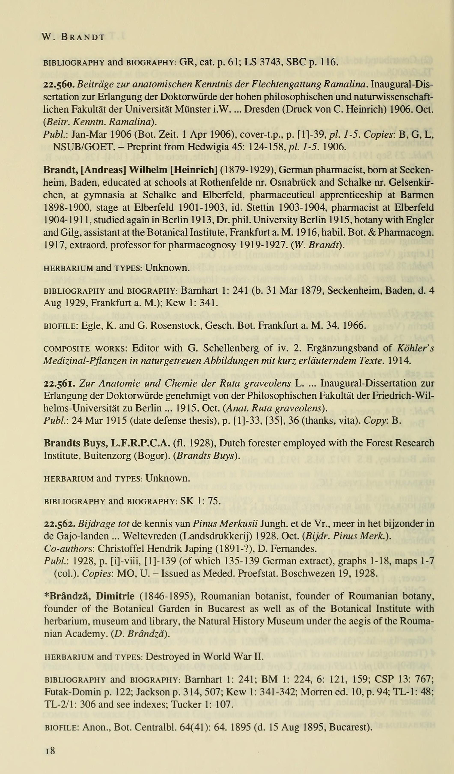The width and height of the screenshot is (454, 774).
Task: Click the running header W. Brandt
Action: pos(73,37)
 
